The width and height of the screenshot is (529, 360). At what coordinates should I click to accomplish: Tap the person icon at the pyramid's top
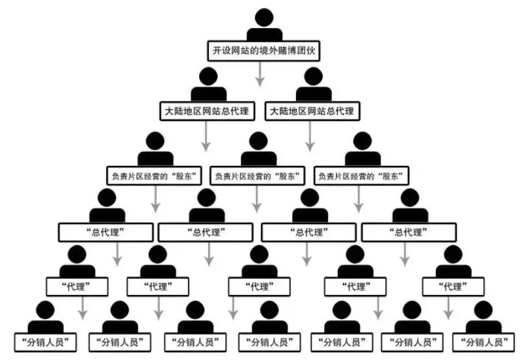[264, 24]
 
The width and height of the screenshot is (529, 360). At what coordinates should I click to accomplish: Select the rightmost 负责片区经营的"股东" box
[362, 175]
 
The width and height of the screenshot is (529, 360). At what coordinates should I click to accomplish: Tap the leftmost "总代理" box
[105, 231]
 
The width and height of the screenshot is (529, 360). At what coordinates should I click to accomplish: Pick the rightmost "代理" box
[453, 286]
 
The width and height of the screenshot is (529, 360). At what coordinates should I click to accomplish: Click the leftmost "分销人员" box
[46, 341]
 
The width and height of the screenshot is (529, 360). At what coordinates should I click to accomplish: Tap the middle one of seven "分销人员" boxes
[269, 341]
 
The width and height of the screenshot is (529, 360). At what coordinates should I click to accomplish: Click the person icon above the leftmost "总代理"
[106, 206]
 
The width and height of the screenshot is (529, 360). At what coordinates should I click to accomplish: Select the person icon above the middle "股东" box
[258, 149]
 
